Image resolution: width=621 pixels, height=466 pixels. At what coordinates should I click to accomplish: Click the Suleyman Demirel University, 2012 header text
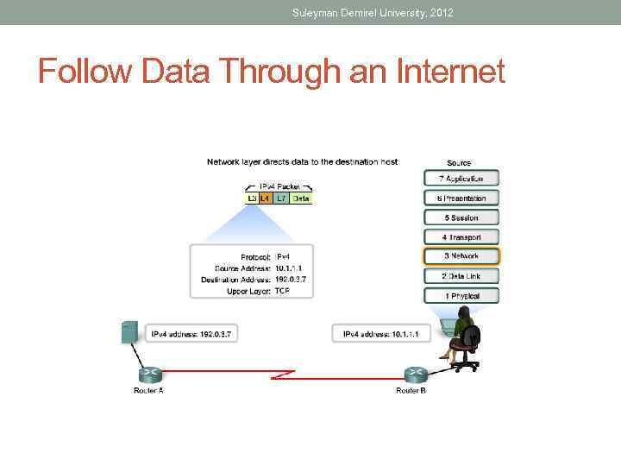(373, 13)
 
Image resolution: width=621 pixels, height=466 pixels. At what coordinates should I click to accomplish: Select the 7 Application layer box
(461, 179)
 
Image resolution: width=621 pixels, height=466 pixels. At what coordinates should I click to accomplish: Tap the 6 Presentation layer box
(461, 198)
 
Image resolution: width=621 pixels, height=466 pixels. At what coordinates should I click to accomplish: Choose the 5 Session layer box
(461, 217)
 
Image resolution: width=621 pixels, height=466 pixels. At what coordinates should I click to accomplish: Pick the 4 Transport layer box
(461, 237)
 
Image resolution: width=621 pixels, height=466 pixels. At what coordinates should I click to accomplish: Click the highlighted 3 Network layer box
(461, 256)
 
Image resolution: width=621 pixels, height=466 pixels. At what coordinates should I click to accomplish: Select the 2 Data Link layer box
(461, 276)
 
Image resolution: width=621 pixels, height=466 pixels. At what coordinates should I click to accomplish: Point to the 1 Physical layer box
(461, 296)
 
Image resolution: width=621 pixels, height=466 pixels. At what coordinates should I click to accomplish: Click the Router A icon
(148, 374)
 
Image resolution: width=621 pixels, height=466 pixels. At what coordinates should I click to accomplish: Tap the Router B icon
(414, 374)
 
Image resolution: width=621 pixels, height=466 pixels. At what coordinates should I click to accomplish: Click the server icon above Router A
(129, 331)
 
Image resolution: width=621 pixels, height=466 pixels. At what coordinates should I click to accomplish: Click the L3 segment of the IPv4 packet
(253, 198)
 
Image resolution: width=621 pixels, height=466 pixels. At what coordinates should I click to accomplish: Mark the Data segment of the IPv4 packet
(300, 198)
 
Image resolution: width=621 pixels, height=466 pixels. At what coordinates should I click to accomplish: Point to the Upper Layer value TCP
(282, 292)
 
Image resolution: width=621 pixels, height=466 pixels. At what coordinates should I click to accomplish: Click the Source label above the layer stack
(459, 163)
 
